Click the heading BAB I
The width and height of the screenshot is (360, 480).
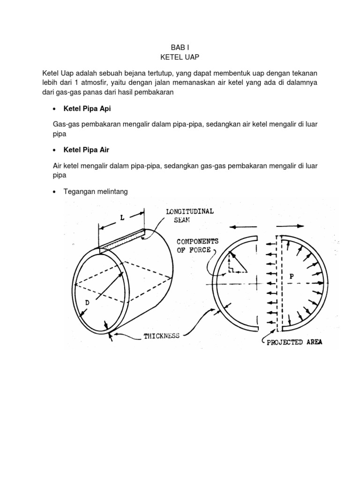pyautogui.click(x=179, y=47)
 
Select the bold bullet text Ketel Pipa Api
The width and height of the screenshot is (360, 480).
pyautogui.click(x=87, y=109)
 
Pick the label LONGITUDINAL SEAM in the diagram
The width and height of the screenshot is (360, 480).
pyautogui.click(x=190, y=216)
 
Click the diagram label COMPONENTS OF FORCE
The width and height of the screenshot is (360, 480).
pyautogui.click(x=197, y=246)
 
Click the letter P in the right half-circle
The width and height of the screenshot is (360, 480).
pyautogui.click(x=292, y=277)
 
